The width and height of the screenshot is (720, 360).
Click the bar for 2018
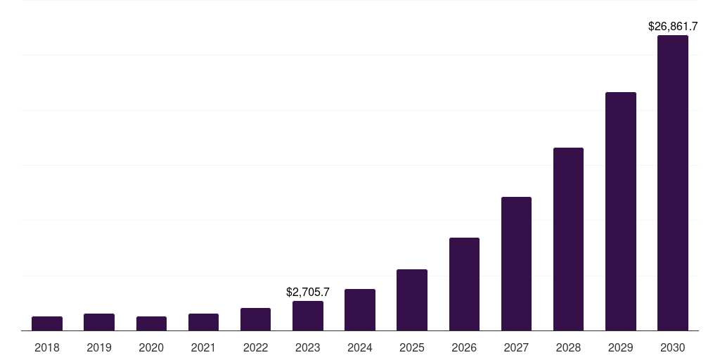[x=47, y=323]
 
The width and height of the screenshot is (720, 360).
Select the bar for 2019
[x=99, y=322]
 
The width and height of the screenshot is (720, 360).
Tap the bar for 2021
[x=203, y=322]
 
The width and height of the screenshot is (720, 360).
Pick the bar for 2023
[x=308, y=316]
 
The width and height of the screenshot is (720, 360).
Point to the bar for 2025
[x=412, y=300]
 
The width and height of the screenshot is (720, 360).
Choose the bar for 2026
[x=464, y=284]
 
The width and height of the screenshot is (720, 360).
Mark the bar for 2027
[x=516, y=264]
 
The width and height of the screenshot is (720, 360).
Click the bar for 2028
[x=568, y=239]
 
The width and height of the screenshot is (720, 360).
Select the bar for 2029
[x=621, y=211]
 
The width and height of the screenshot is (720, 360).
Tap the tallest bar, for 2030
[x=673, y=183]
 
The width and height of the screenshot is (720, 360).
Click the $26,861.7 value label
[x=673, y=27]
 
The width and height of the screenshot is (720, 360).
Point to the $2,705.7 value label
[x=308, y=292]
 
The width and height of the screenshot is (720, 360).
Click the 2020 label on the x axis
[x=151, y=347]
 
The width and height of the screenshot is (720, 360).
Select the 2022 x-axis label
[x=255, y=347]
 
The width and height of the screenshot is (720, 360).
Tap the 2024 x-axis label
[x=360, y=347]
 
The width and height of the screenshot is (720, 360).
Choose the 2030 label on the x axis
[x=673, y=347]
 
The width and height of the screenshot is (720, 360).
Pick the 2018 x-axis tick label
[x=47, y=347]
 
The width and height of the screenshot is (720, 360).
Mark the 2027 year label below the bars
[x=516, y=347]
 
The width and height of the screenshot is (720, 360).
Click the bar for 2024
[x=360, y=309]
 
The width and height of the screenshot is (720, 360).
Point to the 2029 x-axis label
[x=621, y=347]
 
